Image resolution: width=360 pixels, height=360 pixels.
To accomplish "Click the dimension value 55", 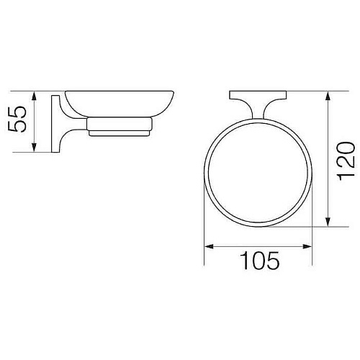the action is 17,120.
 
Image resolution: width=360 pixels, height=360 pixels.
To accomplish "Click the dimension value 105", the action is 260,261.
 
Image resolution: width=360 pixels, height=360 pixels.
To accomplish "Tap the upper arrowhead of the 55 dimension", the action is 34,96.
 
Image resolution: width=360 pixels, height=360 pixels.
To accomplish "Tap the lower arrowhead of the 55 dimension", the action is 34,148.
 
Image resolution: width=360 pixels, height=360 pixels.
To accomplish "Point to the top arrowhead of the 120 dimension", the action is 328,96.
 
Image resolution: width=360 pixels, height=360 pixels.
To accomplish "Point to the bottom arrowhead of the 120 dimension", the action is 328,222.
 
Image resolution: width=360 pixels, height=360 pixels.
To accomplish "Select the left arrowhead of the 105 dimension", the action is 209,246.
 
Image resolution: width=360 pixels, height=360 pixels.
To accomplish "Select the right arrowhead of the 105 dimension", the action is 307,246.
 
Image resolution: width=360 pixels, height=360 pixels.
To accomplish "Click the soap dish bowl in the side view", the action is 120,104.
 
